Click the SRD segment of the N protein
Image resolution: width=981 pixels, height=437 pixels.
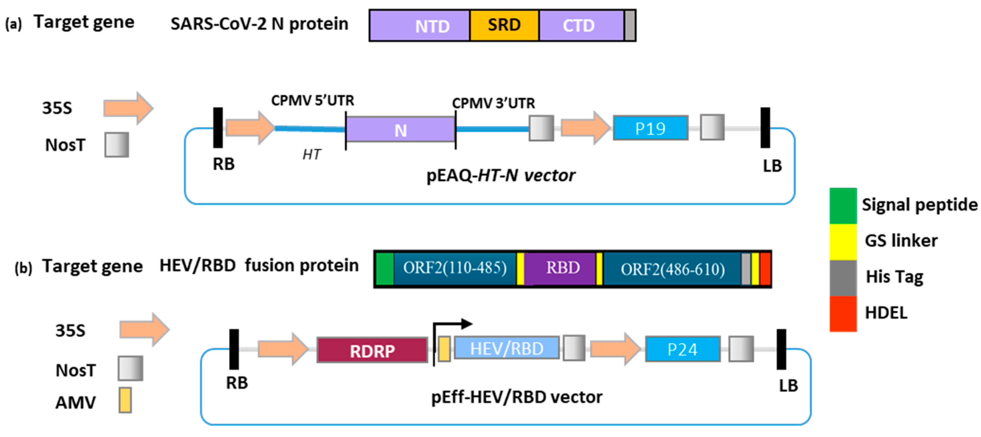tap(504, 25)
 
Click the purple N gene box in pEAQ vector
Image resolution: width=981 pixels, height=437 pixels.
tap(400, 130)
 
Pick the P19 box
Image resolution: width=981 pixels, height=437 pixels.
tap(651, 129)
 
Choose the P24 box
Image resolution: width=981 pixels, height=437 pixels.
tap(682, 349)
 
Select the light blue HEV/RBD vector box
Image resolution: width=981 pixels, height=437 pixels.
tap(506, 348)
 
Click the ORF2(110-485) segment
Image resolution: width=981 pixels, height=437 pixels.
tap(455, 268)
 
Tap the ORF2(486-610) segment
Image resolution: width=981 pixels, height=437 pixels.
tap(672, 269)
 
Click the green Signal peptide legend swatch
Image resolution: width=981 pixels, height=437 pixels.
tap(843, 206)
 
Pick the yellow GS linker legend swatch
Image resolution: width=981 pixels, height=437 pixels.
tap(843, 242)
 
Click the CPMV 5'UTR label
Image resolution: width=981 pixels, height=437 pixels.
tap(312, 101)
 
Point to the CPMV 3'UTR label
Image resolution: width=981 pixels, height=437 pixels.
tap(493, 103)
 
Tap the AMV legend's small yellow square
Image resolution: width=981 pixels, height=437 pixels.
tap(125, 400)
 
